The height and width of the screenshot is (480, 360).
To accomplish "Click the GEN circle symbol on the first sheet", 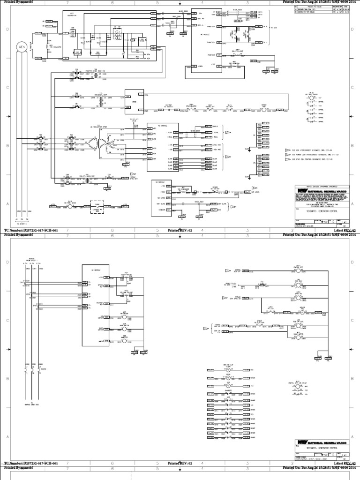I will pos(21,47).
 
